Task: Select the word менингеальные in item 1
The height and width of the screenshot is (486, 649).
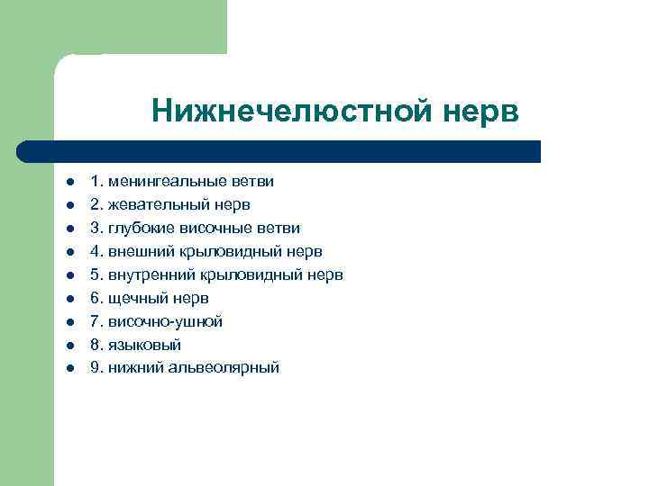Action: click(158, 181)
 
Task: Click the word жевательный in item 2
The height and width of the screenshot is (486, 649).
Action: click(149, 204)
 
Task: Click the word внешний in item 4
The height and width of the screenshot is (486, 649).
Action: click(136, 251)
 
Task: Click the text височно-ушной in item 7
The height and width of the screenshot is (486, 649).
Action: click(165, 321)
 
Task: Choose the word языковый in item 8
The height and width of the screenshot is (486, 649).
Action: click(144, 345)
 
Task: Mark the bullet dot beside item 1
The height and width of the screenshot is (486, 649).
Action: click(68, 182)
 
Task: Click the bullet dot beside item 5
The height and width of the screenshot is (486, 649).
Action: click(68, 275)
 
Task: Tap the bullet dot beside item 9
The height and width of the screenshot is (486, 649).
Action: click(68, 368)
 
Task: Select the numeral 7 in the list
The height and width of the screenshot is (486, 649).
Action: click(95, 321)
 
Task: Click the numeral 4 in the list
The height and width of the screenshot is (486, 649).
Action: click(95, 251)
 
